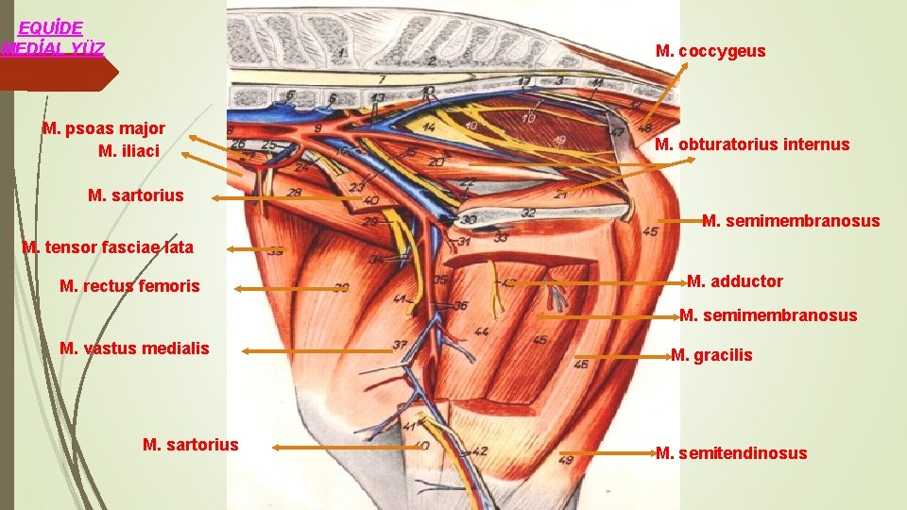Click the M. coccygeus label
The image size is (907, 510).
pos(710,51)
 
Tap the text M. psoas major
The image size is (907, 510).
pos(104,128)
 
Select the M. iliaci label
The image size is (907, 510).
pos(128,151)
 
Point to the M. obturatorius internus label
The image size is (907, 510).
pos(752,144)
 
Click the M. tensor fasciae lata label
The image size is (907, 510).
pos(108,247)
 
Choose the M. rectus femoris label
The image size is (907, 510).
pos(129,285)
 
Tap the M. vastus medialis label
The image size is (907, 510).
pos(134,348)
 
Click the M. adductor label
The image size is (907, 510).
pos(735,281)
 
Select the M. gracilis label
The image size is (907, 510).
pos(711,355)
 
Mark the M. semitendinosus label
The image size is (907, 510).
pos(731,453)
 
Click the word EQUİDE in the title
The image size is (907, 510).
pos(51,28)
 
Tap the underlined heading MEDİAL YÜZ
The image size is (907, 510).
pos(53,48)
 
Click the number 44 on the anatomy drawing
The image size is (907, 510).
pos(482,331)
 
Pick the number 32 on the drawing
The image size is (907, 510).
pos(529,213)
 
